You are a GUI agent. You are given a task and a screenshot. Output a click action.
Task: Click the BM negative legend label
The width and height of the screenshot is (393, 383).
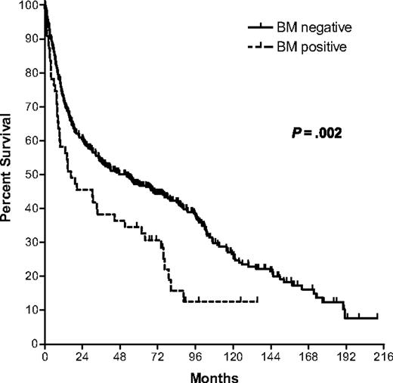314,27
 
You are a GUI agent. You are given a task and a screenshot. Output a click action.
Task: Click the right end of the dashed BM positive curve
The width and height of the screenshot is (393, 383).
258,301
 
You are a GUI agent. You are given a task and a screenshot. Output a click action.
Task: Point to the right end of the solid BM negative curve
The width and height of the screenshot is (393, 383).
377,318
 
